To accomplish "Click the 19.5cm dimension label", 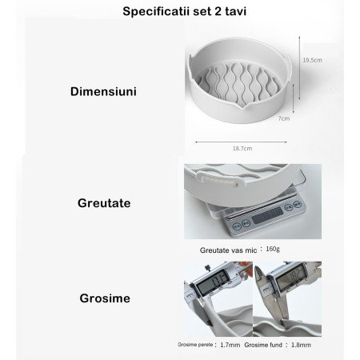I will tap(312, 59).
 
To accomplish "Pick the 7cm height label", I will tap(282, 118).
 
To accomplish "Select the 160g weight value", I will tap(273, 249).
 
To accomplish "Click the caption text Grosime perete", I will tap(196, 345).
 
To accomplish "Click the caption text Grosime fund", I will tap(264, 345).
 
